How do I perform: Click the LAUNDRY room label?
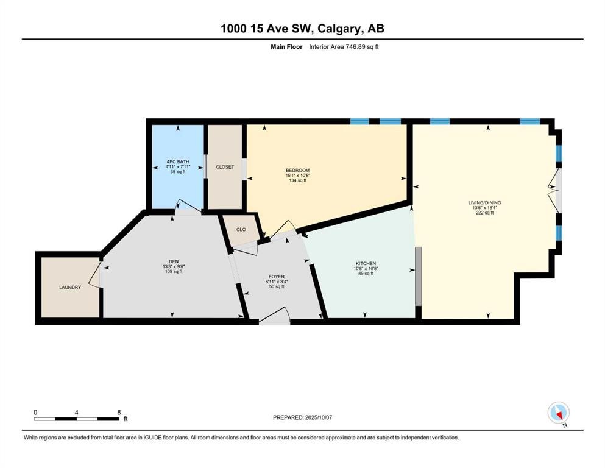[70, 287]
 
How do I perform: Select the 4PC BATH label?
[177, 161]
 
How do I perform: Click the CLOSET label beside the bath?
[225, 166]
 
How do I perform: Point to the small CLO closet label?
[241, 230]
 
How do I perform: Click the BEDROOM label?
[297, 170]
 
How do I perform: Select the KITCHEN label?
[366, 263]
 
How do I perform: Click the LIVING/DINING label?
[484, 202]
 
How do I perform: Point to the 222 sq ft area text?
[484, 213]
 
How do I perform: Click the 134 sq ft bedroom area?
[297, 180]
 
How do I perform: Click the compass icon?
[558, 413]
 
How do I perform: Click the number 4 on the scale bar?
[76, 412]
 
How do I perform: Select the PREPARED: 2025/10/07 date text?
[302, 417]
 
